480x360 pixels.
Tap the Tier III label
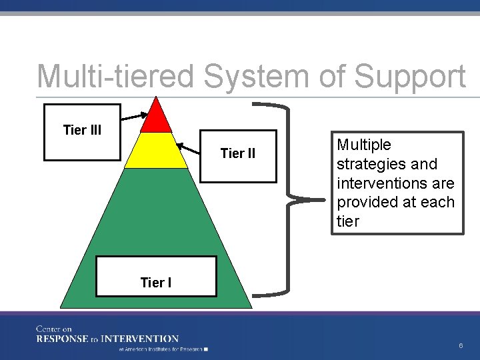click(x=82, y=130)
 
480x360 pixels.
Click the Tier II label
click(x=237, y=154)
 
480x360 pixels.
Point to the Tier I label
click(x=156, y=283)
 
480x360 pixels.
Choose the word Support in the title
click(x=410, y=77)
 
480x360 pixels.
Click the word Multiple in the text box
click(x=364, y=145)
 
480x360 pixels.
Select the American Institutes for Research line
click(x=162, y=349)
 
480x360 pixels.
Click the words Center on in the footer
click(x=54, y=329)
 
